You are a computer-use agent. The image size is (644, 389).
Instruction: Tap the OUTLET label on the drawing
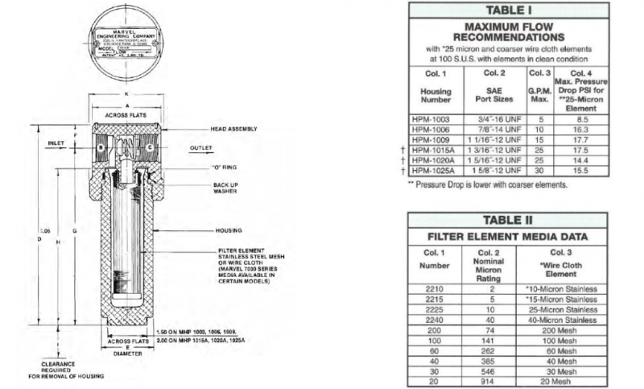click(x=200, y=148)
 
